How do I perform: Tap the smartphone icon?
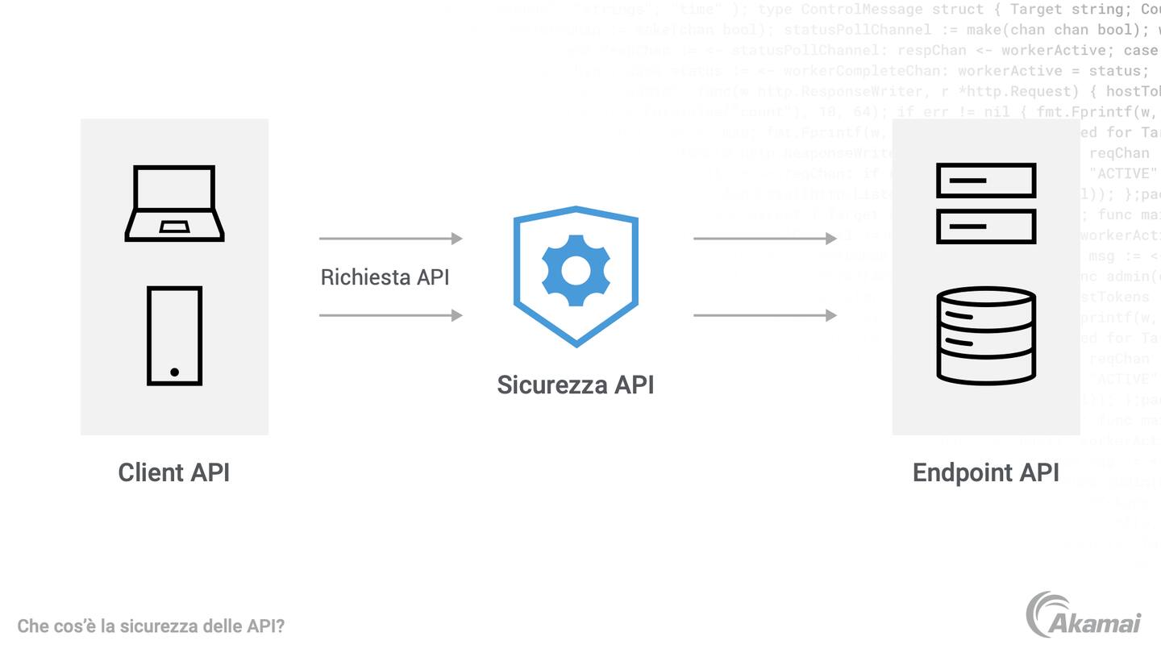(x=174, y=335)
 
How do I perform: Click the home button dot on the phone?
(x=174, y=372)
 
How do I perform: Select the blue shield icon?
(x=576, y=276)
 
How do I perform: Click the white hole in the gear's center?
(x=576, y=271)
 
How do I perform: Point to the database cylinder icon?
(x=985, y=335)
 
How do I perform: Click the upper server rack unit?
(x=985, y=181)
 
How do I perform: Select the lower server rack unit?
(x=985, y=227)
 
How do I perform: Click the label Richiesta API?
(x=385, y=277)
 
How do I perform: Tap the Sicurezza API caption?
(x=575, y=385)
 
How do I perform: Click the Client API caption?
(x=174, y=472)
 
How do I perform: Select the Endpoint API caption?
(x=985, y=472)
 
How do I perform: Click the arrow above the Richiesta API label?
(x=391, y=239)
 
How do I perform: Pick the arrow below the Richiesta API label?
(x=391, y=315)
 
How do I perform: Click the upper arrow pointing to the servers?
(x=765, y=239)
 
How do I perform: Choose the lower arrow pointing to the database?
(x=765, y=315)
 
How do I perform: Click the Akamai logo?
(x=1084, y=616)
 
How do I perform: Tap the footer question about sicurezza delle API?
(x=151, y=626)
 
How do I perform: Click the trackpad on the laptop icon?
(x=174, y=227)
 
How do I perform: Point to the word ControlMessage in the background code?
(x=861, y=10)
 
